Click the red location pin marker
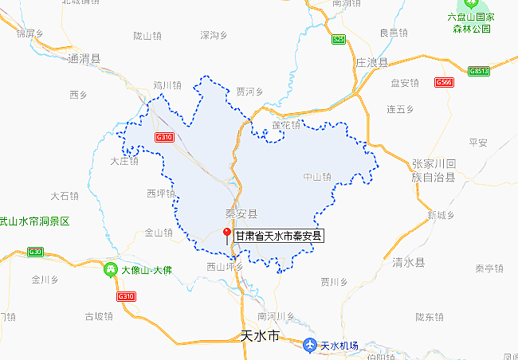[x=227, y=234]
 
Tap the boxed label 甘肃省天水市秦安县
[x=279, y=236]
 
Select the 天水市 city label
[x=260, y=335]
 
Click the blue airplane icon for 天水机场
[x=310, y=345]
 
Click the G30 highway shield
[x=34, y=252]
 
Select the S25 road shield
[x=339, y=39]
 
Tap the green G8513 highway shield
[x=478, y=71]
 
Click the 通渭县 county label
[x=84, y=58]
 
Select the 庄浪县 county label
[x=371, y=62]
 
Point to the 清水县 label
[x=409, y=260]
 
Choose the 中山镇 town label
[x=317, y=177]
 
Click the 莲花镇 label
[x=286, y=125]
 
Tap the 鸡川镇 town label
[x=167, y=84]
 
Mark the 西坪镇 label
[x=160, y=194]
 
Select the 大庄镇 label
[x=124, y=161]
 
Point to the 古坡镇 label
[x=100, y=316]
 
